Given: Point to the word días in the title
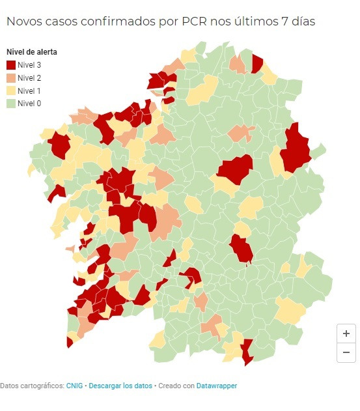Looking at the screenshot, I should [301, 21].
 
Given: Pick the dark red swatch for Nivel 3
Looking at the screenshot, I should [10, 64].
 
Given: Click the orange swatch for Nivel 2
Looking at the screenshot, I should [10, 78].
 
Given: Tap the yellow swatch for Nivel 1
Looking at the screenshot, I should [10, 91].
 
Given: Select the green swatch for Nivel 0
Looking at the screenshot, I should [10, 103].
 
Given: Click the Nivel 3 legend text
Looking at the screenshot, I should [29, 64].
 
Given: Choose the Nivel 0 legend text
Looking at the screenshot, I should [29, 103].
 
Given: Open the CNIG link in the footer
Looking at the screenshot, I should [74, 386].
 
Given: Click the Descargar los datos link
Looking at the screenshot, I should [120, 386].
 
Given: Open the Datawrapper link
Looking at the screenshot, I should [217, 386].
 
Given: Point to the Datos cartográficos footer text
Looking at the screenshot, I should [31, 386].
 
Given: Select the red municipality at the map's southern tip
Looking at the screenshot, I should [247, 352].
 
